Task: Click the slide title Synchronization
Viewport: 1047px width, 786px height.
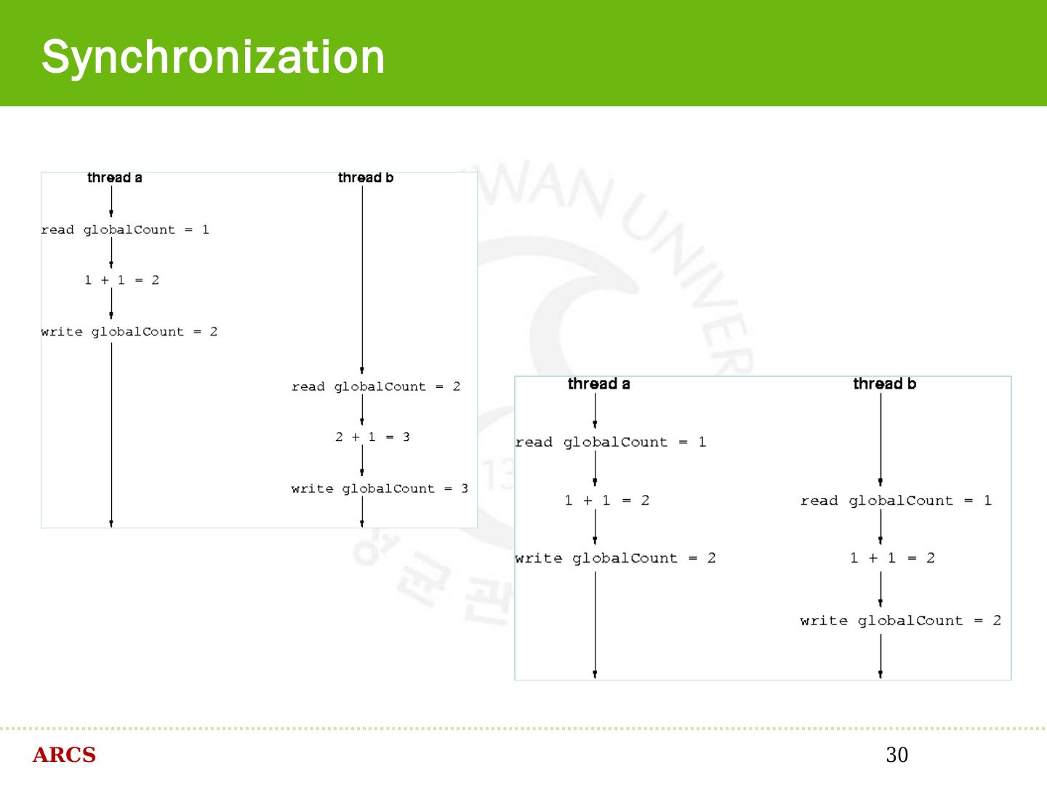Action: [213, 57]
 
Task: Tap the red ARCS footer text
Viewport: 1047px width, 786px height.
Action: [64, 755]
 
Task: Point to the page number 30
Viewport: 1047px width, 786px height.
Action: [896, 755]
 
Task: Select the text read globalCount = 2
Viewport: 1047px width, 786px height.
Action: [376, 386]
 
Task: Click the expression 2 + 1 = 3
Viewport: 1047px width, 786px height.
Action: [372, 437]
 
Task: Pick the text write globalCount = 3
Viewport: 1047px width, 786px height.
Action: [380, 488]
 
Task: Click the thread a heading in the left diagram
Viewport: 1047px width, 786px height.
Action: [114, 178]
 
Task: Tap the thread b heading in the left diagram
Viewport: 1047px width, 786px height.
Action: [365, 178]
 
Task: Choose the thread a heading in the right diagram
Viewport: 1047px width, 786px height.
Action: [598, 384]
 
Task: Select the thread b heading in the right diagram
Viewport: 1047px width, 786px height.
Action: [884, 384]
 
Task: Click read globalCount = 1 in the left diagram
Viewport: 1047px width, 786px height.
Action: [125, 230]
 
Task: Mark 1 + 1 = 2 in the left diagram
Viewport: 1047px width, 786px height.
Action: [121, 280]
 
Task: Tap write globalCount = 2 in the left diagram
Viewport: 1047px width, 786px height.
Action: [129, 332]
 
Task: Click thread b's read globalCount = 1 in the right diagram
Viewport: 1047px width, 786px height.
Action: [896, 501]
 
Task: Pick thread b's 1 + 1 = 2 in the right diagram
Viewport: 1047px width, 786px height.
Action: [892, 558]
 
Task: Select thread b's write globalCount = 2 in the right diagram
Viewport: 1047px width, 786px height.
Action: [900, 621]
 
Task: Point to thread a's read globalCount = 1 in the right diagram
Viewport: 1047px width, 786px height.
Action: [611, 442]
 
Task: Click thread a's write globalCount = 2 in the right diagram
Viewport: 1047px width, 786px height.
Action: [615, 558]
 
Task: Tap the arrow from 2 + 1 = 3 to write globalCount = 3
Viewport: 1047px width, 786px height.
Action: [362, 460]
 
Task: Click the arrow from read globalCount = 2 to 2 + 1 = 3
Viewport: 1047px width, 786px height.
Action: [362, 410]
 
